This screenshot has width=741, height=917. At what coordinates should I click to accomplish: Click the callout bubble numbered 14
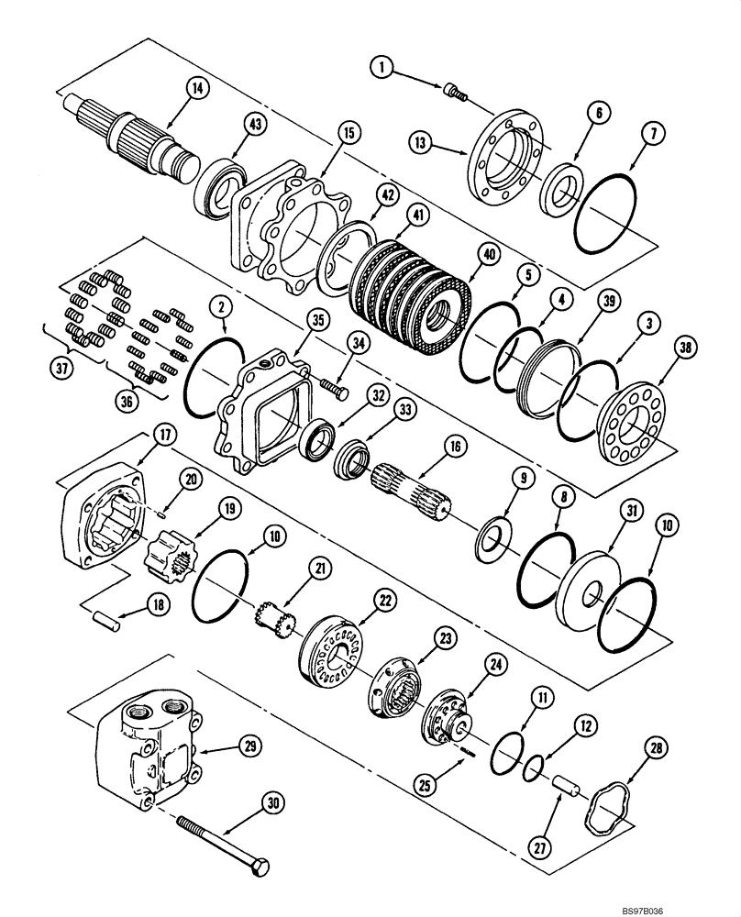[x=196, y=89]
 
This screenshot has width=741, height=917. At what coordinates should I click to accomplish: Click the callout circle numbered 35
[x=317, y=321]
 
